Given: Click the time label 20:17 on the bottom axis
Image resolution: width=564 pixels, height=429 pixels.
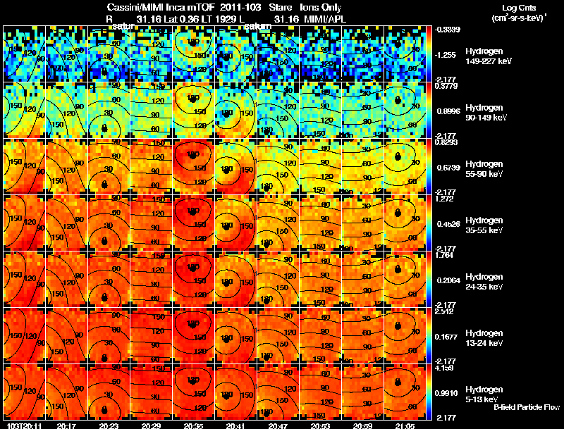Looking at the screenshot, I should click(66, 425).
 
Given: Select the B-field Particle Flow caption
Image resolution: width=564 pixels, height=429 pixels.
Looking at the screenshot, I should click(527, 407).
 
